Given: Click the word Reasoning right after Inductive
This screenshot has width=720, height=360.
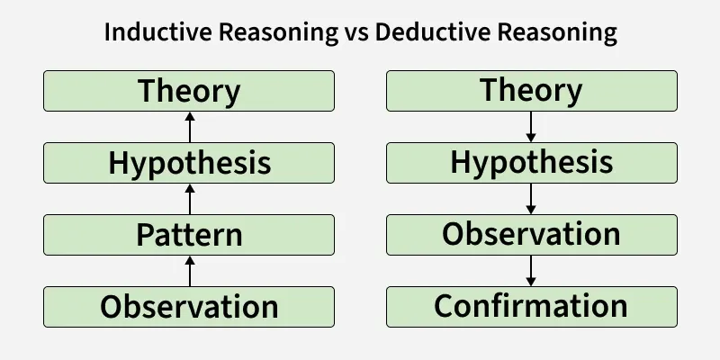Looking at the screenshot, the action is pos(279,33).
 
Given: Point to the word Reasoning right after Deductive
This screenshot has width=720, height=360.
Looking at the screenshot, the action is pos(557,33).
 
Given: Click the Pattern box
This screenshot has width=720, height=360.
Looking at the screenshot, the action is pos(189,235).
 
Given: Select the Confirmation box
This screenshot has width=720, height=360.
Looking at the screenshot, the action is pos(532,307).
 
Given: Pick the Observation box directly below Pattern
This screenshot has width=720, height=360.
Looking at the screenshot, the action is pos(189,307).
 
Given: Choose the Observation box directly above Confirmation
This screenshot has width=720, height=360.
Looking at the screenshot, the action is pos(532,235).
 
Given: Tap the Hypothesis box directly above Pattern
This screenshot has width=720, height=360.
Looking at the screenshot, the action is pos(189,163).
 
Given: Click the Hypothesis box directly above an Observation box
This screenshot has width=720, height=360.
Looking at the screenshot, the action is pos(532,163).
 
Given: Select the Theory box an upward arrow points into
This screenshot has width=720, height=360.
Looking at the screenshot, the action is pos(189,91).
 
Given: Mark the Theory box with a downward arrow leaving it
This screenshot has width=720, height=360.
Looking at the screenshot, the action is pos(532,91).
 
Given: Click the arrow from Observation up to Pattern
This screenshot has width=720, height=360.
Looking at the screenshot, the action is pos(190,271).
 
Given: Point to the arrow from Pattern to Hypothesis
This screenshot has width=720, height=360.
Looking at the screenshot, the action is pos(190,199).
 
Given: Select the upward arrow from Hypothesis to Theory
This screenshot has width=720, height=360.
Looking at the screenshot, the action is pos(190,127).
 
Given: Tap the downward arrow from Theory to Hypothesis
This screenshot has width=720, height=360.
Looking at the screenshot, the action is pos(531,127).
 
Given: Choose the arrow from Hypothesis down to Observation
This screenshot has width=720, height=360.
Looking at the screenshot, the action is pos(531,199).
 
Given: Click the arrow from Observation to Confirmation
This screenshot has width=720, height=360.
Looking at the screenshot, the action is pos(531,271).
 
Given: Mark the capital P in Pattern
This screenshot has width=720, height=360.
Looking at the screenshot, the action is pos(145,235).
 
